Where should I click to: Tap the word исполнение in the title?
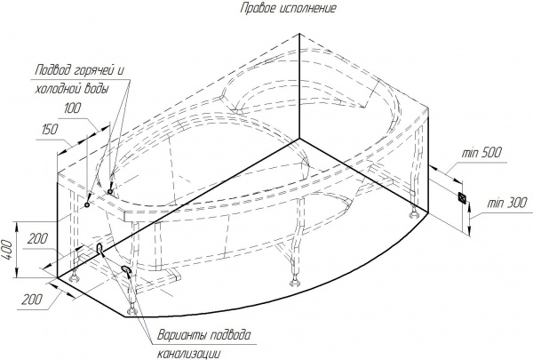tap(308, 8)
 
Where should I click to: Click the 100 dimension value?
tap(73, 108)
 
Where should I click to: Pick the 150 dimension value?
tap(50, 130)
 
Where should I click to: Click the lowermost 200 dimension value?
tap(32, 300)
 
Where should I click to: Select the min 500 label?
tap(481, 153)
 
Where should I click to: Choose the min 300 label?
tap(507, 204)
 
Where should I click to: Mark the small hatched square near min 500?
tap(463, 197)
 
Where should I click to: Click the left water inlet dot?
tap(87, 204)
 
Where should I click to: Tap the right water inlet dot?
tap(110, 192)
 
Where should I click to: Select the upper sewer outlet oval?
tap(99, 248)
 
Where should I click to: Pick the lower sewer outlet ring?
tap(126, 270)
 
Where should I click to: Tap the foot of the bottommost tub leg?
tap(131, 310)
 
